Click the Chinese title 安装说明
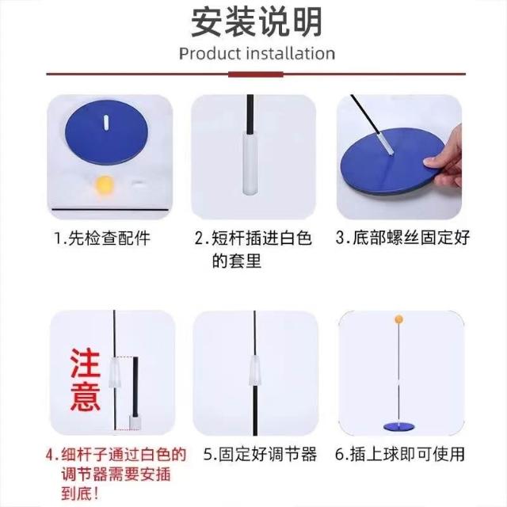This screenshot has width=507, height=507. pos(257,22)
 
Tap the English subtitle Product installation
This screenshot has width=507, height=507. pos(257,54)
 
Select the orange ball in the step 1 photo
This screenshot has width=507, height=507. pos(104,185)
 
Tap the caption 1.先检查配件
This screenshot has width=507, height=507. pos(102,238)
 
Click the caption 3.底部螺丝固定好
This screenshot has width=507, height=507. pos(402,238)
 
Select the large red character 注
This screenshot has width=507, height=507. pos(86,363)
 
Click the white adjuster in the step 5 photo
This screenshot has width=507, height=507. pos(255,371)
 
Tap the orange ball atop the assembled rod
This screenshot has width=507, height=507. pos(399,320)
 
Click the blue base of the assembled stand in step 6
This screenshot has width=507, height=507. pos(399,426)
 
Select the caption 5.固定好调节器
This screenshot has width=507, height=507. pos(261,454)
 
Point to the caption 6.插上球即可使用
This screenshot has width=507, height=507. pos(400,454)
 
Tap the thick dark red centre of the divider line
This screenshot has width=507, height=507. pos(256,74)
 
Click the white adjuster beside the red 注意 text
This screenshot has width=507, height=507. pos(115,372)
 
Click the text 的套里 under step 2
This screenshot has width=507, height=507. pos(237,261)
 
